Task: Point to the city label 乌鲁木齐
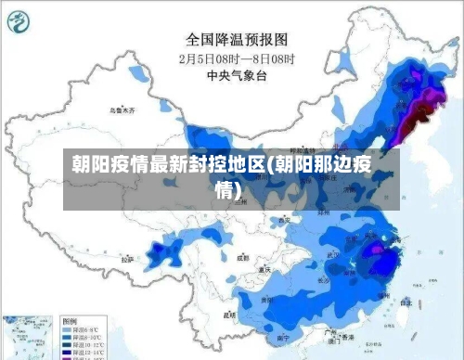tap(121, 109)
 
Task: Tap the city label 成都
tap(242, 258)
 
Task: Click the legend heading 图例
tap(70, 318)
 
